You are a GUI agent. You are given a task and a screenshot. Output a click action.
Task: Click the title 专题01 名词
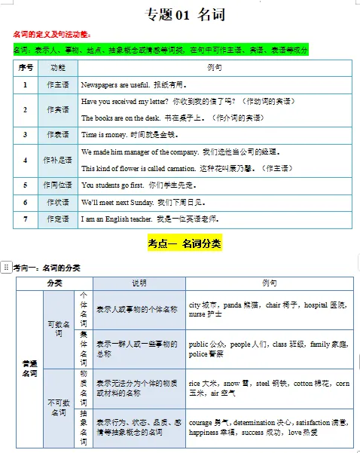[x=185, y=14]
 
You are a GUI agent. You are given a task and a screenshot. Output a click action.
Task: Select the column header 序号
[x=26, y=67]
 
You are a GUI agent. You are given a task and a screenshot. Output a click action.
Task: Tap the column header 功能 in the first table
[x=58, y=67]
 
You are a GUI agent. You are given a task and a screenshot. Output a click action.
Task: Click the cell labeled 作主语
[x=58, y=84]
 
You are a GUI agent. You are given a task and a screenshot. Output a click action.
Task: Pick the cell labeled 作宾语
[x=58, y=109]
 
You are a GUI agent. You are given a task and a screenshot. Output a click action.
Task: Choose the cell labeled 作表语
[x=58, y=134]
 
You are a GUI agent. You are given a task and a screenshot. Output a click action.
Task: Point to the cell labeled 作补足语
[x=58, y=160]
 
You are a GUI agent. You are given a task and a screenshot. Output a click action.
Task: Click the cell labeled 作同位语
[x=58, y=185]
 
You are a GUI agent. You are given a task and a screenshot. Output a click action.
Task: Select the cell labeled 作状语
[x=58, y=202]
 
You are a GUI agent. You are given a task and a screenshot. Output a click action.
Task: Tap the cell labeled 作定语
[x=58, y=219]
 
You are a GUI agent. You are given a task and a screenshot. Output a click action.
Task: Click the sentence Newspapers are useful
[x=114, y=84]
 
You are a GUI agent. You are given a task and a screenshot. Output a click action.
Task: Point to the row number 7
[x=26, y=219]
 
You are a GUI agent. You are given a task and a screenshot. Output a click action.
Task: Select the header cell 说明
[x=139, y=283]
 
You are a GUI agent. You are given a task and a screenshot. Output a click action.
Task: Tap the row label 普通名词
[x=29, y=368]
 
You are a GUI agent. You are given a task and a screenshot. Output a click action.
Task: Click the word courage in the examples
[x=201, y=423]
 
